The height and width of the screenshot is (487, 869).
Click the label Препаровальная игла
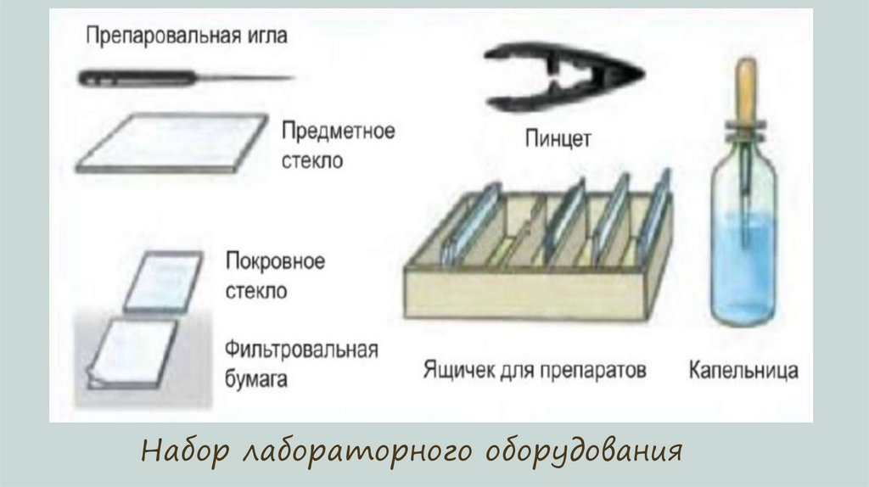click(187, 36)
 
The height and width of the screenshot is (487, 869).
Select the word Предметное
click(337, 133)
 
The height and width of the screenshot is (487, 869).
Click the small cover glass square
click(162, 281)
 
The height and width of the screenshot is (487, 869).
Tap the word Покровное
click(275, 260)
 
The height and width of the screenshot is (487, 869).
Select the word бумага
click(256, 378)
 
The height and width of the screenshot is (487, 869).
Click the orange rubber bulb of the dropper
click(746, 89)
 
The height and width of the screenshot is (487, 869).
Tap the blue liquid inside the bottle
click(743, 263)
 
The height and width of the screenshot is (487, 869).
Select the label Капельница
click(743, 371)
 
